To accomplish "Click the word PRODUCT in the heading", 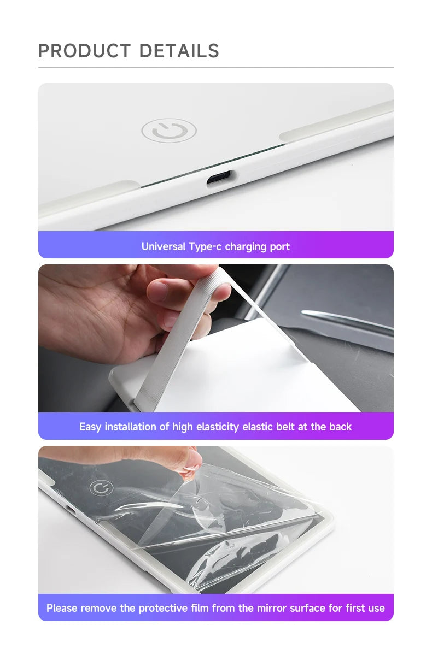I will (x=85, y=51).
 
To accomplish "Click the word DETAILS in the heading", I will (x=179, y=51).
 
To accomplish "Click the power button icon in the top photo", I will (x=168, y=131).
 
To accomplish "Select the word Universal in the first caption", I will (x=164, y=246).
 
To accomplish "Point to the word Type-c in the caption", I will (x=205, y=246).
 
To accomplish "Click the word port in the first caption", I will (x=280, y=246).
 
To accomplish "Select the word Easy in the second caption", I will (x=90, y=427).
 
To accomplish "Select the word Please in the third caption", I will (x=62, y=608).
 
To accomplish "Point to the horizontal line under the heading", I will (x=215, y=68).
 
